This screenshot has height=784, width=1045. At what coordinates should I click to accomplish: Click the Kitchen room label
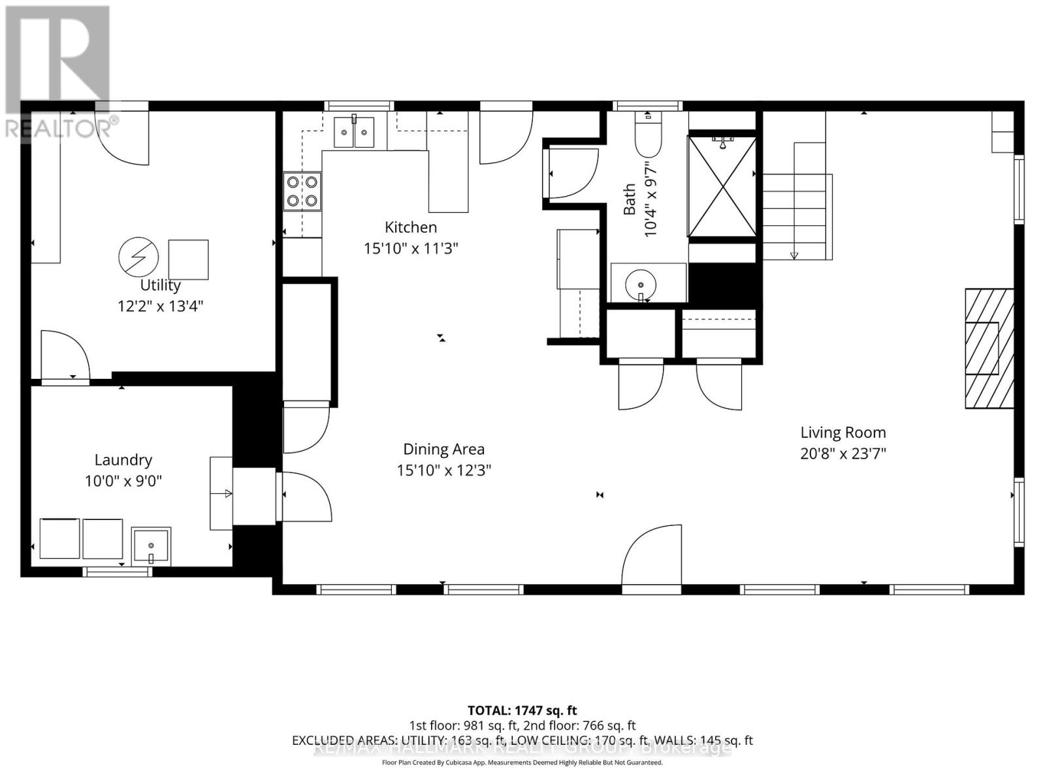(x=411, y=227)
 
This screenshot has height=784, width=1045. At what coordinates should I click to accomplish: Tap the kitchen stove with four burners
(x=302, y=191)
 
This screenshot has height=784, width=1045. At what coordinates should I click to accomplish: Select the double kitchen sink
(x=354, y=133)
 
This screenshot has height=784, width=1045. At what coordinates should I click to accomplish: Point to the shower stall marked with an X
(x=722, y=186)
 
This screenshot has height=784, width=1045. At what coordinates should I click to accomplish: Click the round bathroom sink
(x=641, y=285)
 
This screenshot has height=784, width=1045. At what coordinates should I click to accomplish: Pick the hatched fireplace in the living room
(x=989, y=348)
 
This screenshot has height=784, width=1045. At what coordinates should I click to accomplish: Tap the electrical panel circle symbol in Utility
(x=138, y=256)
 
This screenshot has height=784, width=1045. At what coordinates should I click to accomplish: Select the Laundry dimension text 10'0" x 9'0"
(x=123, y=482)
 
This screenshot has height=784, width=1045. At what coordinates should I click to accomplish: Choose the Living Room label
(x=843, y=433)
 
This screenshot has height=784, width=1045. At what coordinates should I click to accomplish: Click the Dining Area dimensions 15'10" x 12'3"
(x=443, y=470)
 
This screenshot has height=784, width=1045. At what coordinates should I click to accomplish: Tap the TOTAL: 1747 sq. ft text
(x=522, y=710)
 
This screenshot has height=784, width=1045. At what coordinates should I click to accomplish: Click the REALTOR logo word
(x=62, y=128)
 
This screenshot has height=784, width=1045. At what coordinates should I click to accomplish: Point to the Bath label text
(x=630, y=199)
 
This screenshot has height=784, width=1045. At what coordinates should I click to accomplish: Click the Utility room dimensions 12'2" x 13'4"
(x=160, y=306)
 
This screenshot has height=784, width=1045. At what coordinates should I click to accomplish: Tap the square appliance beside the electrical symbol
(x=189, y=260)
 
